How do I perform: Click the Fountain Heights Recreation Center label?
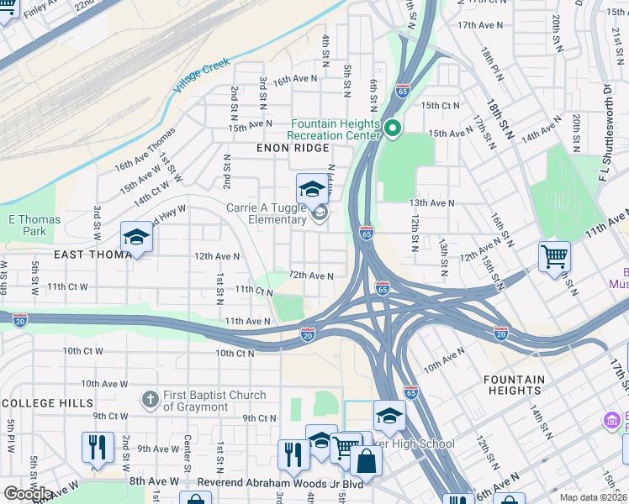pos(333,129)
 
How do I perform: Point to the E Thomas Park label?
pos(34,225)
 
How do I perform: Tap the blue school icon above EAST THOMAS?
pos(136,238)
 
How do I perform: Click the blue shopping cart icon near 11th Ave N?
pos(554,257)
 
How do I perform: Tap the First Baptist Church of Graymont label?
pos(214,401)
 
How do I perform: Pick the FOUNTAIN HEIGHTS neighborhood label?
pos(513,385)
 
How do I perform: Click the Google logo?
pos(28,494)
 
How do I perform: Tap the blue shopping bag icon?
pos(366,463)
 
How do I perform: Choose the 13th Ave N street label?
pos(431,203)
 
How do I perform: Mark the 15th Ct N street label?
pos(441,105)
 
